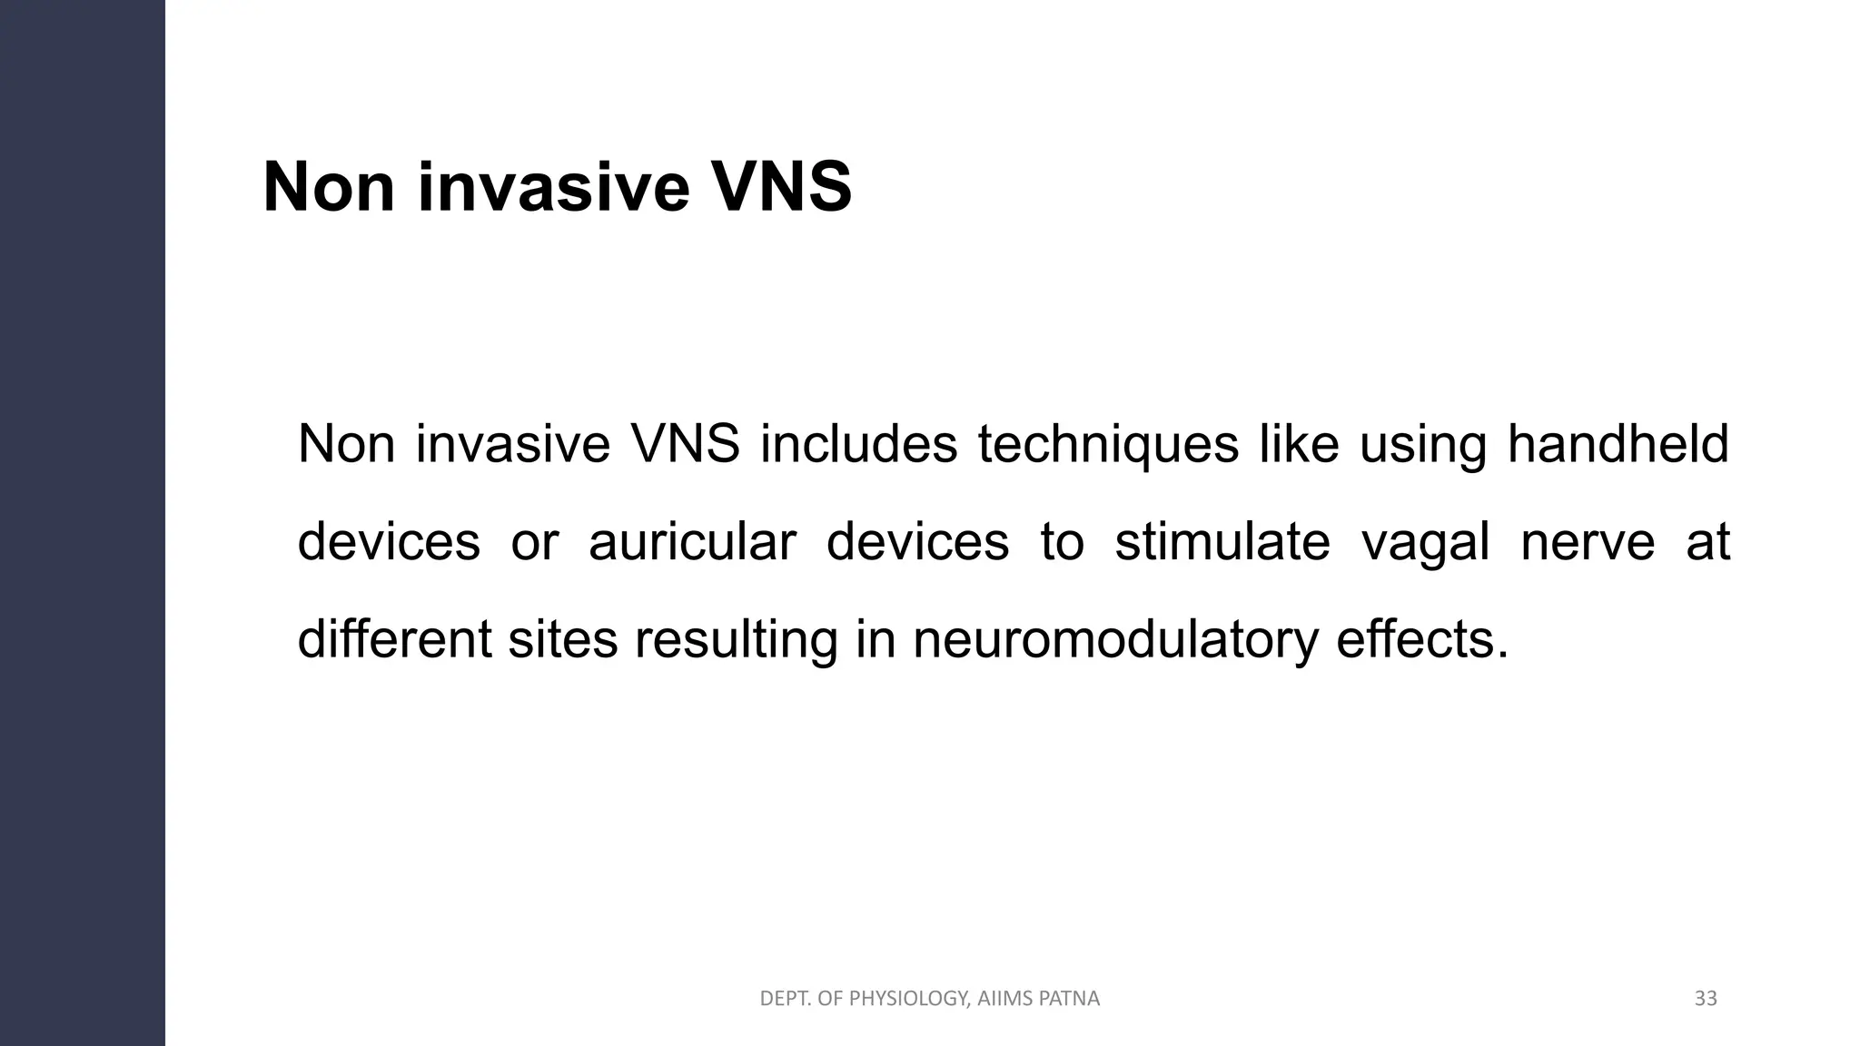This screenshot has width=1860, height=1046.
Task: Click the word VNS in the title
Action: point(780,187)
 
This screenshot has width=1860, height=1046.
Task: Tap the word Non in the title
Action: point(329,187)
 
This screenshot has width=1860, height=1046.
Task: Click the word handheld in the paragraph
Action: point(1618,445)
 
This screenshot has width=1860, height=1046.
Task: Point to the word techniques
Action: point(1108,445)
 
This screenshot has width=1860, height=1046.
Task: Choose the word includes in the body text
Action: point(858,445)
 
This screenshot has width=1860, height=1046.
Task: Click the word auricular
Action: point(692,542)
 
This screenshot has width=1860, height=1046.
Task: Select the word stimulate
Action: point(1222,542)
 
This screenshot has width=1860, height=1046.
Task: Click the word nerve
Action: point(1588,542)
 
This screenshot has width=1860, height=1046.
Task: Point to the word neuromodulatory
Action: point(1114,640)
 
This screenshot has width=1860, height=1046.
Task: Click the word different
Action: point(394,639)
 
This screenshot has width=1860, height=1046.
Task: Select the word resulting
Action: point(736,640)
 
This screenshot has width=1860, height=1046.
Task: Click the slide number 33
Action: point(1706,999)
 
